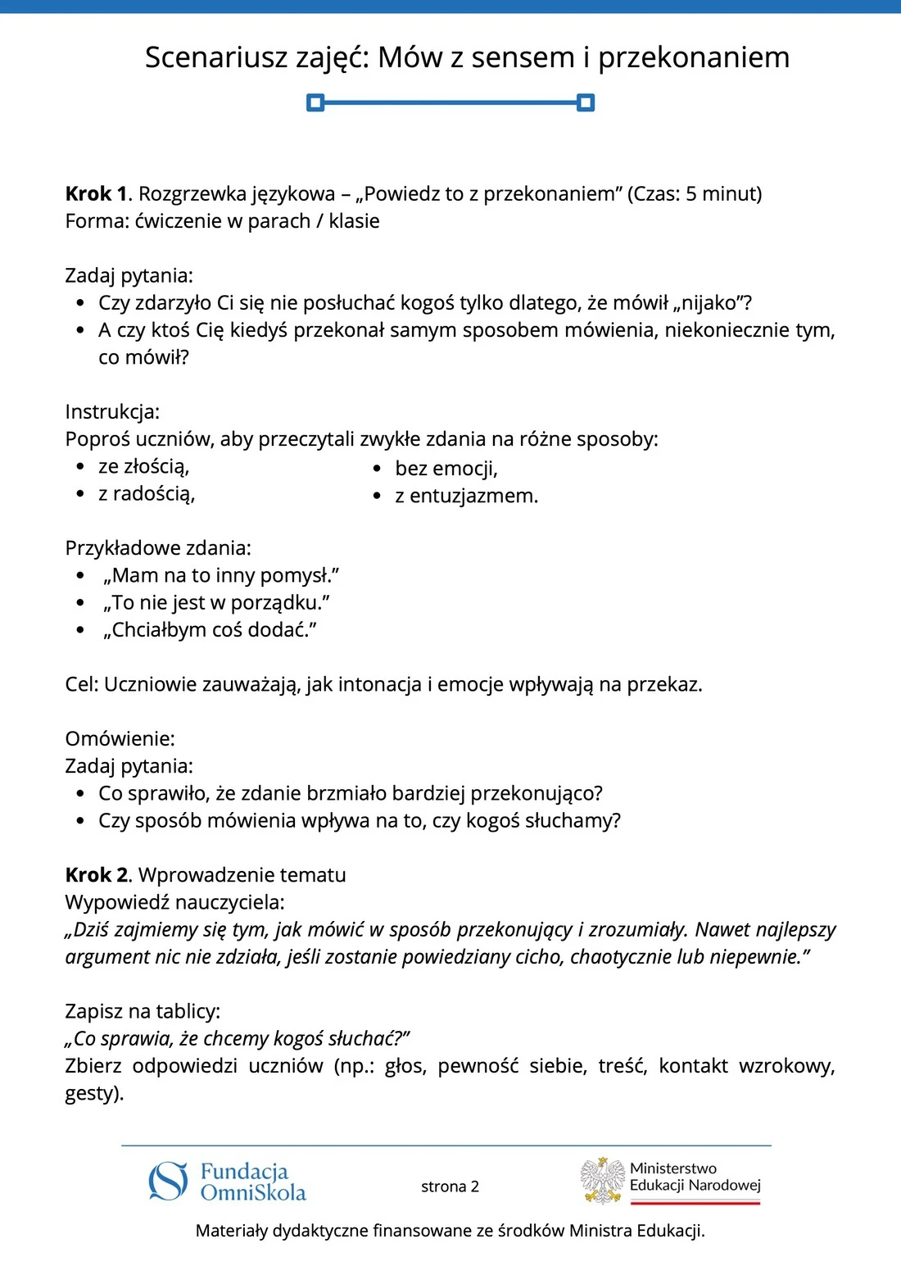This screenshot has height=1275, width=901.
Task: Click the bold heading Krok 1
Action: (x=97, y=194)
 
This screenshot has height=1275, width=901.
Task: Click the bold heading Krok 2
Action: (x=97, y=875)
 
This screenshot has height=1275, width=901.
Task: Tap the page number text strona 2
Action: (x=450, y=1187)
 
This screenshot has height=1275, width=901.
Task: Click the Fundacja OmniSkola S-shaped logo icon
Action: (x=168, y=1182)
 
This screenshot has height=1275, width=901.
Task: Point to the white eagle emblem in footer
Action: (x=603, y=1180)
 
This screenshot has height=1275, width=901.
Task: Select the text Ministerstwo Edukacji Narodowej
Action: (x=695, y=1177)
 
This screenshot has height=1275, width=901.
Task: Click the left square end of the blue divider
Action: (x=315, y=102)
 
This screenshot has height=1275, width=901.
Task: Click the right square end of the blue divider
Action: (x=586, y=102)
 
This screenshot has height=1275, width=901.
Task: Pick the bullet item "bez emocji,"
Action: (x=446, y=469)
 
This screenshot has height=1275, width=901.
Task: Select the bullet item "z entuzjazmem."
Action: (x=466, y=496)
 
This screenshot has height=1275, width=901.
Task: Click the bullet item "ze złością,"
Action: (x=144, y=466)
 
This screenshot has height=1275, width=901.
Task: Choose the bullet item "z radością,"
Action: (x=147, y=493)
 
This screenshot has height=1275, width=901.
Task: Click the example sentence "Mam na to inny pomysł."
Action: (x=221, y=575)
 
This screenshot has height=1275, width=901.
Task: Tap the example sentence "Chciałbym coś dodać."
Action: (x=210, y=629)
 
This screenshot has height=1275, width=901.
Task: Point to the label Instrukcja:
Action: (x=112, y=411)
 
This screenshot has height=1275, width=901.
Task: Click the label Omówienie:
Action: (x=120, y=738)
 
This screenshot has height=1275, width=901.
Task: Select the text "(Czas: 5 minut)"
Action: (x=695, y=194)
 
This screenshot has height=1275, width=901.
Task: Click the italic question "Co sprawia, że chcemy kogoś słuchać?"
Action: (x=238, y=1038)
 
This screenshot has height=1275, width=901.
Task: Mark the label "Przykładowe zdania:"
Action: (x=158, y=547)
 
